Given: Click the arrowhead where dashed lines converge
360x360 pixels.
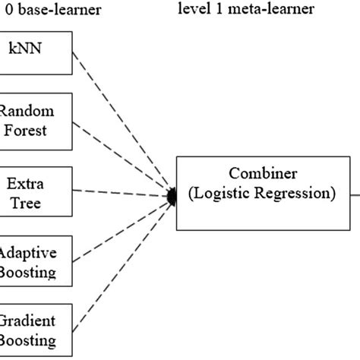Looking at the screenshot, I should click(x=171, y=197).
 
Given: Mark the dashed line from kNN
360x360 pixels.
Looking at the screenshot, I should click(x=122, y=122).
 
